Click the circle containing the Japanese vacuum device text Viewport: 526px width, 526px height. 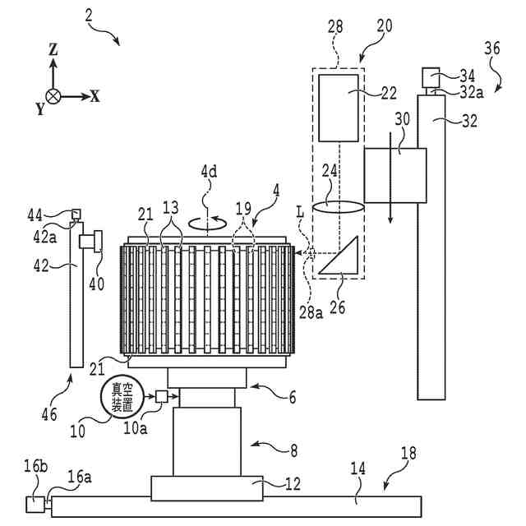120,398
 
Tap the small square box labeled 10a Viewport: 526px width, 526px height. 162,397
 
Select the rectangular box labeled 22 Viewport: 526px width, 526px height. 338,107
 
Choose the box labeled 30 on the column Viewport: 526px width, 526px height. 394,175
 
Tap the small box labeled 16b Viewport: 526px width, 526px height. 36,503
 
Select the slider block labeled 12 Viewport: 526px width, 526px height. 207,488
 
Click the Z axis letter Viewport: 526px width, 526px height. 53,50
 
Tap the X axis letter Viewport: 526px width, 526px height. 95,96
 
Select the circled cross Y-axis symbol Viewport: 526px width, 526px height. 53,96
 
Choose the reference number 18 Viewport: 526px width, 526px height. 408,453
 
